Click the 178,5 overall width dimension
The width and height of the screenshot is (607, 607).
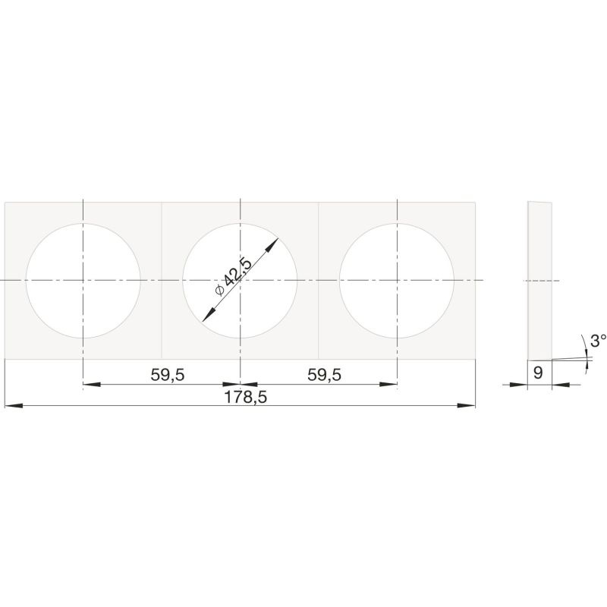[246, 397]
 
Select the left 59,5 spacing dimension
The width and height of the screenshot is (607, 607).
[168, 375]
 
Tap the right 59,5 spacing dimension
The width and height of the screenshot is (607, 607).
[325, 375]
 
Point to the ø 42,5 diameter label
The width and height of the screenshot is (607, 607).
[233, 278]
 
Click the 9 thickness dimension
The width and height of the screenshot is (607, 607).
[538, 373]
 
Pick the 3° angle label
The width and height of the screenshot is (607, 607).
[599, 341]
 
